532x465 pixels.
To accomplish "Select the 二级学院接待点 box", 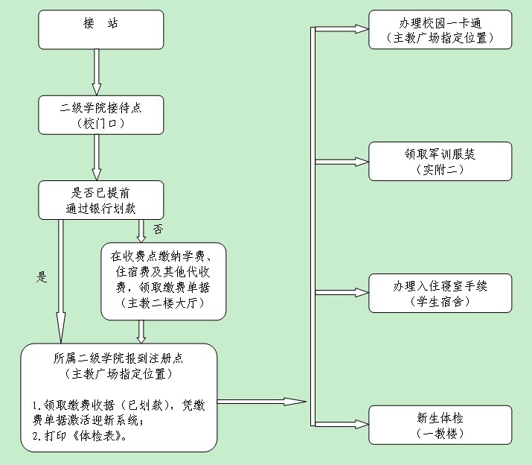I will coord(101,115).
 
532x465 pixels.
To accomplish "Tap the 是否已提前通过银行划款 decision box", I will coord(101,200).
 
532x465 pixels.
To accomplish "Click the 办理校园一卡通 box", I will coord(440,29).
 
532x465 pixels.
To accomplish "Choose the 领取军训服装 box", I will coord(440,161).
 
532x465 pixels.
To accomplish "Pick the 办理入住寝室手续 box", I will coord(440,293).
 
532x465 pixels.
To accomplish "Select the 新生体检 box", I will coord(440,425).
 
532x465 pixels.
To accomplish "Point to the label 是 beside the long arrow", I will coord(42,277).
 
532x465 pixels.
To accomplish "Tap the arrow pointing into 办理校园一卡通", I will coord(342,29).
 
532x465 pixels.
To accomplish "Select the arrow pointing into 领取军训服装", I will coord(342,161).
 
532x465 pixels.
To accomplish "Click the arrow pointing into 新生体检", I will coord(342,425).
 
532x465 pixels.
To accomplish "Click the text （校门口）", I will coord(101,123).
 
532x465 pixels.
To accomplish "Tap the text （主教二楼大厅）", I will coord(163,305).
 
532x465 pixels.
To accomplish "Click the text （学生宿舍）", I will coord(440,302).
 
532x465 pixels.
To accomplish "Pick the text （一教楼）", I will coord(440,433).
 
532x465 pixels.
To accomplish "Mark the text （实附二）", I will coord(440,170).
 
